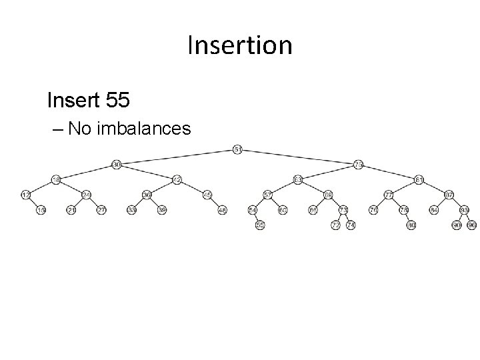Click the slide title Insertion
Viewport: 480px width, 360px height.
(x=240, y=45)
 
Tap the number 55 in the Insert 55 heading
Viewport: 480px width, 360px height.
(x=117, y=101)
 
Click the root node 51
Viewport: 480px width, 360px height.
(x=238, y=149)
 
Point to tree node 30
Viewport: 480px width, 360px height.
(x=116, y=164)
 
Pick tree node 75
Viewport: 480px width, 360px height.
(x=359, y=164)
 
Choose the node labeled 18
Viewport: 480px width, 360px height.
(x=56, y=179)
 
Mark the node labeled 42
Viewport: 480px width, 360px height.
(x=177, y=179)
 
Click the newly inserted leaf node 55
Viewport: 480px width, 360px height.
(x=260, y=225)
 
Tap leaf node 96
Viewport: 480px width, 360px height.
(x=472, y=225)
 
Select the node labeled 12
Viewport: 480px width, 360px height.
(x=25, y=195)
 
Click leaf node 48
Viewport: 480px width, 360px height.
(x=222, y=210)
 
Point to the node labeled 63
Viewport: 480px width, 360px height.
(x=297, y=179)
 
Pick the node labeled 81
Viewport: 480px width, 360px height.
(x=419, y=179)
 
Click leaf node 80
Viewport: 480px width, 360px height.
(x=411, y=225)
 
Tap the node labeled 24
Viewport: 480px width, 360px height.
(x=86, y=195)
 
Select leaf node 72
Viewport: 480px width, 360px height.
(x=335, y=225)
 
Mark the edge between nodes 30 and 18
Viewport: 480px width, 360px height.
(x=86, y=172)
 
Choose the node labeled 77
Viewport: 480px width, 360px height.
(x=388, y=195)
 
